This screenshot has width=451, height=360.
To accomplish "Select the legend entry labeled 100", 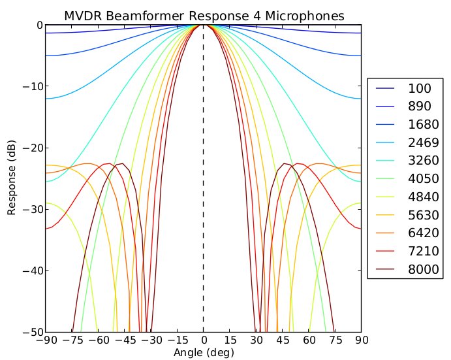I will (418, 88).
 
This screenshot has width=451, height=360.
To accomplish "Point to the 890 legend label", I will (418, 106).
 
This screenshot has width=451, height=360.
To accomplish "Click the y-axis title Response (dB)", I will (11, 179).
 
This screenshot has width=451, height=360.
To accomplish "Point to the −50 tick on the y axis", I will (33, 332).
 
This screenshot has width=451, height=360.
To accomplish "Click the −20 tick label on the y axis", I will (33, 148).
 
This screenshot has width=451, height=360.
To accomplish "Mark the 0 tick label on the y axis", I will (39, 25).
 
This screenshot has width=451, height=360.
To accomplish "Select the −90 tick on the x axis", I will (46, 341).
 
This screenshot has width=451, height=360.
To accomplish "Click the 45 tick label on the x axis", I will (283, 341).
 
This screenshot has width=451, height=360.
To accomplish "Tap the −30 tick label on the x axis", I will (151, 341).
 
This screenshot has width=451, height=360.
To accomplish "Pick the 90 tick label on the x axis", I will (361, 341).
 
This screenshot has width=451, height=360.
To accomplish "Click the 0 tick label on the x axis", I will (204, 341).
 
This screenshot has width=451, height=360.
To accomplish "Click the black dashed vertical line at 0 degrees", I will (204, 196).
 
